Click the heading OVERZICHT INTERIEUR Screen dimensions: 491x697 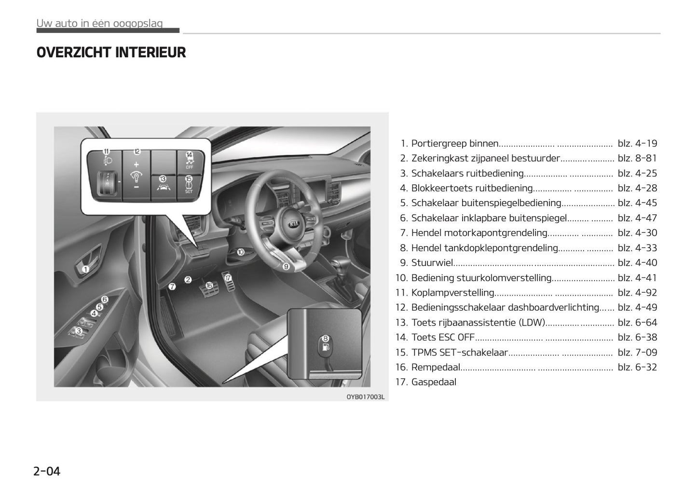tap(111, 53)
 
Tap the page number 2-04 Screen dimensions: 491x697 tap(47, 471)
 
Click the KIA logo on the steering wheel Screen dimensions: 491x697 tap(294, 225)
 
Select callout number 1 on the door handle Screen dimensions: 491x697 tap(85, 269)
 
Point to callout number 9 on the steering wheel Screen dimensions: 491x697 tap(286, 266)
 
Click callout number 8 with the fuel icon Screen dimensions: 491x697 tap(326, 339)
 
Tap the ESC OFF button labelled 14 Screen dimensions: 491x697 tap(189, 159)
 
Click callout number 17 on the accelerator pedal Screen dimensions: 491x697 tap(228, 278)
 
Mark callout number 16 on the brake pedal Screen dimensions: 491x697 tap(209, 285)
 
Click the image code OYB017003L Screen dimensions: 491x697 tap(365, 397)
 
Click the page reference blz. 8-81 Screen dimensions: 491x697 tap(637, 158)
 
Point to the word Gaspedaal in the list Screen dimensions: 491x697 tap(433, 382)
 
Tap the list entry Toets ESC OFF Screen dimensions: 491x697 tap(443, 337)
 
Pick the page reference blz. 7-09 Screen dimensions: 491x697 tap(637, 353)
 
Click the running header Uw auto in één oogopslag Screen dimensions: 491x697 tap(99, 23)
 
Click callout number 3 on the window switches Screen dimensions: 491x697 tap(79, 331)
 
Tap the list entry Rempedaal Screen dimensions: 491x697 tap(436, 367)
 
